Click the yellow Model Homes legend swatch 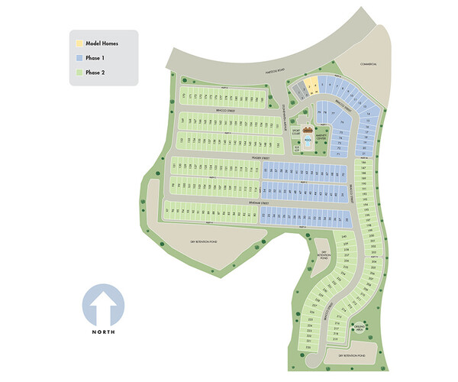pos(79,44)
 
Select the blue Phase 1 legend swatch pos(79,57)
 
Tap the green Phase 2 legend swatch pos(79,72)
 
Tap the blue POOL pos(308,141)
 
